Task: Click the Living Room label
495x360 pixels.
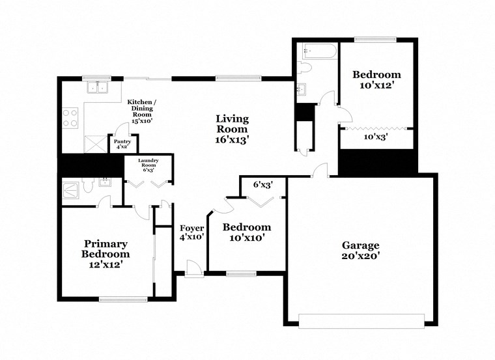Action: (x=233, y=128)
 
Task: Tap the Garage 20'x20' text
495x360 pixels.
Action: (x=360, y=251)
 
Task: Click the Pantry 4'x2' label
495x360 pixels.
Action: (x=122, y=145)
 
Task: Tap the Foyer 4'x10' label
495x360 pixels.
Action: (x=193, y=233)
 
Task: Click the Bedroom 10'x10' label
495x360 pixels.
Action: (x=246, y=232)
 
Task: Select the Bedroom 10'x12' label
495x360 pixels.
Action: (x=376, y=79)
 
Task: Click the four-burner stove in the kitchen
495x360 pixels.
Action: (x=70, y=118)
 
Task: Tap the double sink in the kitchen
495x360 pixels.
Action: (x=98, y=87)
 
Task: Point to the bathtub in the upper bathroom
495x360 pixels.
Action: (x=318, y=51)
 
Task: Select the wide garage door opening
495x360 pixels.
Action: (x=361, y=320)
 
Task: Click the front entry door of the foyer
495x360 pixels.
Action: (x=193, y=268)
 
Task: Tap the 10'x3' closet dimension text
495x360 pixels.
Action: (x=376, y=137)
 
